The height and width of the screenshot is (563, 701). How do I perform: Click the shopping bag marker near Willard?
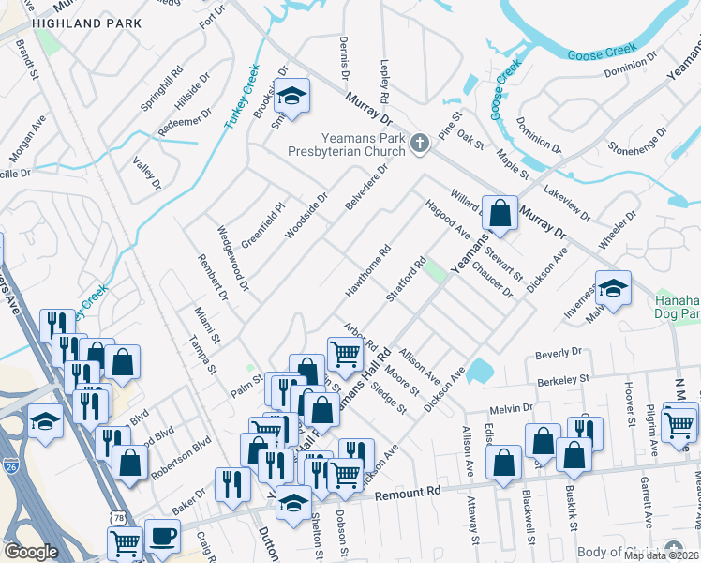point(500,213)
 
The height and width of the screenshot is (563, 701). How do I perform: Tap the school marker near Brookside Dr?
point(292,98)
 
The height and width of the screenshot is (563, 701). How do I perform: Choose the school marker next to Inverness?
point(613,289)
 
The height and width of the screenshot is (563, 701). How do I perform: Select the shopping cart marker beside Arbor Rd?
point(345,355)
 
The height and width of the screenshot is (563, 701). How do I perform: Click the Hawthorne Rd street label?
point(367,272)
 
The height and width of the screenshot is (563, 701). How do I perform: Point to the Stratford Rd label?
point(407,281)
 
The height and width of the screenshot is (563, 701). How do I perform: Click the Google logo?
point(32,552)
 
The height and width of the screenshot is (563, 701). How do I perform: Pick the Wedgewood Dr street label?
point(232,256)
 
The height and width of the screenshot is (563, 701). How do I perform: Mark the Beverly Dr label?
point(559,353)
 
